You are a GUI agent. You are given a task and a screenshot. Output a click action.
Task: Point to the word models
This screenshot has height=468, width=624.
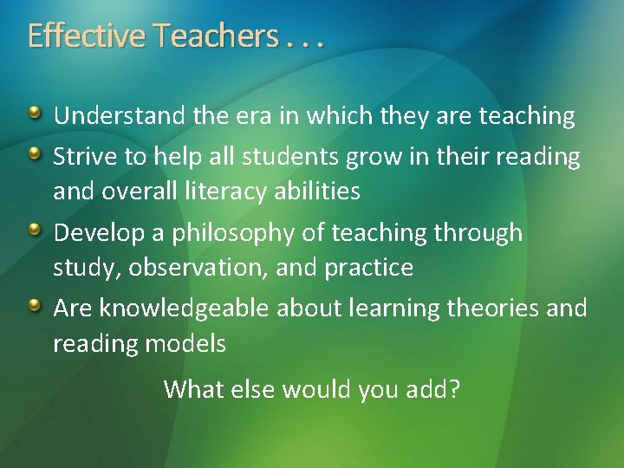tap(187, 344)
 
